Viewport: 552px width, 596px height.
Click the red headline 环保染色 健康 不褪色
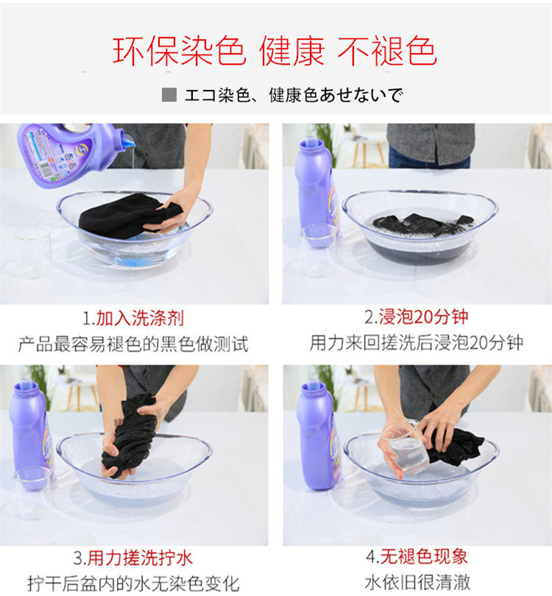[275, 51]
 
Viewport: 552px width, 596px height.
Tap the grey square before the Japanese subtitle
[169, 95]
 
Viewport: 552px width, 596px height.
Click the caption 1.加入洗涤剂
[133, 318]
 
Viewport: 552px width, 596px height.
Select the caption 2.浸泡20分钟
[417, 316]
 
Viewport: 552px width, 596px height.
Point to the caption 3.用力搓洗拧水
[133, 558]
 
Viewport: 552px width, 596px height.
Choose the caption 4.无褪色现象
[417, 556]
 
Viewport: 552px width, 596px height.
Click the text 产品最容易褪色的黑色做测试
[133, 344]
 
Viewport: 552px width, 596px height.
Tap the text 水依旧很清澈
[417, 582]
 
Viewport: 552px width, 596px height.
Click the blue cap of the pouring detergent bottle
[128, 140]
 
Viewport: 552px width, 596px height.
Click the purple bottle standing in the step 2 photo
[316, 192]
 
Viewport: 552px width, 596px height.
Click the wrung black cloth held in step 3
[130, 435]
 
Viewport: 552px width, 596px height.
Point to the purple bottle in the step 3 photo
[31, 435]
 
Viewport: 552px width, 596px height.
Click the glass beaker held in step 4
[406, 447]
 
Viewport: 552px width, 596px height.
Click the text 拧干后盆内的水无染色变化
[133, 583]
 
